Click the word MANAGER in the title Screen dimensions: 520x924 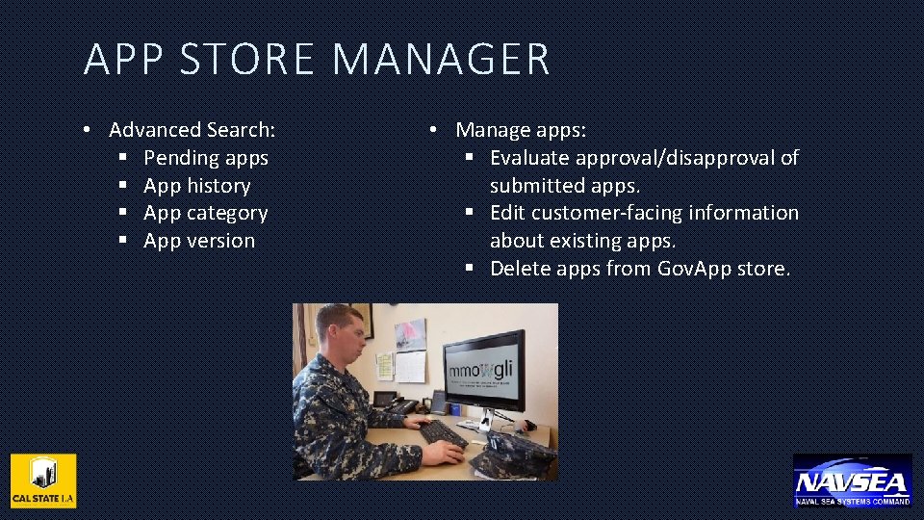pos(441,59)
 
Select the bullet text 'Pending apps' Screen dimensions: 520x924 pos(206,158)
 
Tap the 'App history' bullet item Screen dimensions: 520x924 pos(196,186)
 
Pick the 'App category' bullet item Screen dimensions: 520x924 pos(205,213)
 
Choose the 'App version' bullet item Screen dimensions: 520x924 pos(199,241)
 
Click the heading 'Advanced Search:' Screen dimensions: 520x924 pos(192,130)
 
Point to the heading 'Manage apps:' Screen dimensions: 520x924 pos(521,130)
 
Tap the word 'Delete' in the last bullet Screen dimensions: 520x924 pos(520,269)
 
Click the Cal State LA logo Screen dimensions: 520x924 pos(43,481)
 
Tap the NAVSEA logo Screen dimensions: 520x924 pos(852,480)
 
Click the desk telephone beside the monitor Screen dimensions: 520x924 pos(391,400)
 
